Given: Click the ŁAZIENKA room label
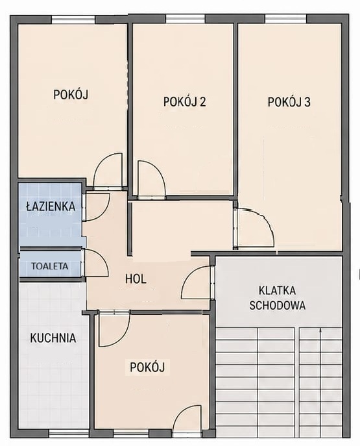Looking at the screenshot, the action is click(x=51, y=206).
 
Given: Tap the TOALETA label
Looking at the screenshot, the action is click(x=50, y=266).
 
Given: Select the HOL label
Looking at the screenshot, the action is click(x=136, y=279).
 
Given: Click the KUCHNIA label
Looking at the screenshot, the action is click(x=53, y=338).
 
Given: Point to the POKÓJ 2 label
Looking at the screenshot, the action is click(x=184, y=101).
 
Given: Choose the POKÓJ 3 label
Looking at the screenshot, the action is click(x=289, y=101).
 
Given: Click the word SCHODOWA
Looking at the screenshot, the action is click(x=278, y=305).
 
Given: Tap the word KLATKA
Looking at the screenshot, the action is click(x=278, y=291).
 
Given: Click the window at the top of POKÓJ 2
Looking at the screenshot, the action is click(x=186, y=19).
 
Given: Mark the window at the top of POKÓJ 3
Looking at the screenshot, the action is click(x=285, y=19).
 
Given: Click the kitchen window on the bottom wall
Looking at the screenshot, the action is click(x=69, y=434).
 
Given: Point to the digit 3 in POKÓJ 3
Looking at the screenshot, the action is click(x=307, y=102).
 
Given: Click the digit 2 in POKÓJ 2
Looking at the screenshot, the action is click(x=202, y=101).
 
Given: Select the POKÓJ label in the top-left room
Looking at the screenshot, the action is click(x=71, y=94).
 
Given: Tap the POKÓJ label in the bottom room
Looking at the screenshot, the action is click(x=147, y=367).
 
